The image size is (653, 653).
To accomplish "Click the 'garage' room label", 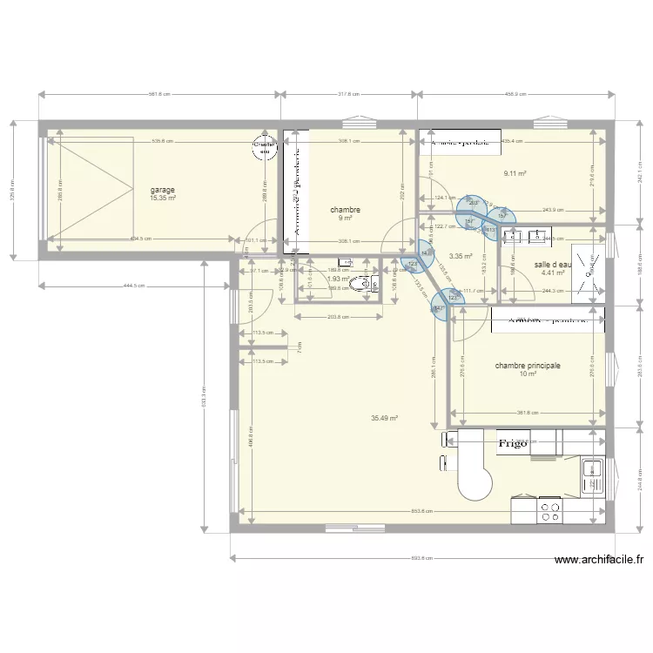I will coord(163,190).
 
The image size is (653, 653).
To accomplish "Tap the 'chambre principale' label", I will coord(528,367).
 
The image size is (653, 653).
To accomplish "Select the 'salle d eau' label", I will coord(554,264).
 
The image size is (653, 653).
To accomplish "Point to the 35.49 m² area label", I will coord(384,418).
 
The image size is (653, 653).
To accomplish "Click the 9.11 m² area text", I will coord(515,173).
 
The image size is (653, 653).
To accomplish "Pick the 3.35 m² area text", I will coord(460,257).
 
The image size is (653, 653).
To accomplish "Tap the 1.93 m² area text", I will coord(338,279).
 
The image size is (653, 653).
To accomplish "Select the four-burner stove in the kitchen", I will coord(549,510).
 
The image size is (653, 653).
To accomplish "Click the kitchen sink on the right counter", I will coord(594,475).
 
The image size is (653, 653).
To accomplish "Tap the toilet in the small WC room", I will coord(359,284).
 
